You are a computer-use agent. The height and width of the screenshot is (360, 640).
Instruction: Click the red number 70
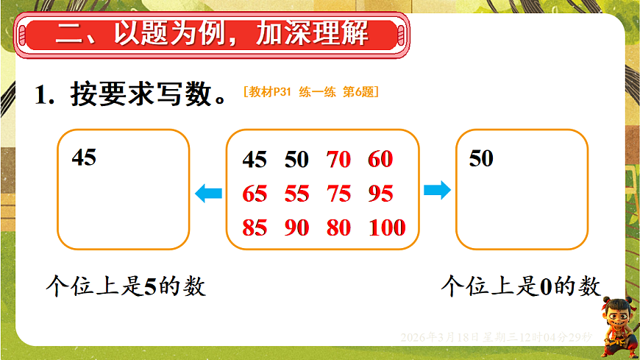338,159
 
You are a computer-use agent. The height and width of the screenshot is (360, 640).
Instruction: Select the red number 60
381,159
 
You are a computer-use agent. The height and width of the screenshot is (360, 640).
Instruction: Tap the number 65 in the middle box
255,194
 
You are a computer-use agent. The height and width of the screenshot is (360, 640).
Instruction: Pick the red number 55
297,194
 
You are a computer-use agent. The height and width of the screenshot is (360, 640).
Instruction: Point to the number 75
338,194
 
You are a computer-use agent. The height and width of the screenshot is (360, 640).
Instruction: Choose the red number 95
381,194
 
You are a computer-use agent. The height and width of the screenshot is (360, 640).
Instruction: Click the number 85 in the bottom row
255,227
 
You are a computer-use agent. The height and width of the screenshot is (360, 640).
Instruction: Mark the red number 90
297,227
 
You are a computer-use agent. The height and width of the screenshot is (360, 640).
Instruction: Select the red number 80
338,227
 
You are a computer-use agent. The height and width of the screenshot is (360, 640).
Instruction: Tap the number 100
387,227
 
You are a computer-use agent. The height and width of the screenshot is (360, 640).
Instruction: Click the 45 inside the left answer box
84,157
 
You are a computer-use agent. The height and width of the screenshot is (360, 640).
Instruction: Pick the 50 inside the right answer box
481,158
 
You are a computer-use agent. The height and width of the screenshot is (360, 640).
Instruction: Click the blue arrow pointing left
208,194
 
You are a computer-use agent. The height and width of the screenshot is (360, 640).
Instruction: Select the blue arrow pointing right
437,191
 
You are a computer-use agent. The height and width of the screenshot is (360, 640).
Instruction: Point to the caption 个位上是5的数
126,286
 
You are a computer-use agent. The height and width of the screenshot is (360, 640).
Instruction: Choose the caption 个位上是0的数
521,286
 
